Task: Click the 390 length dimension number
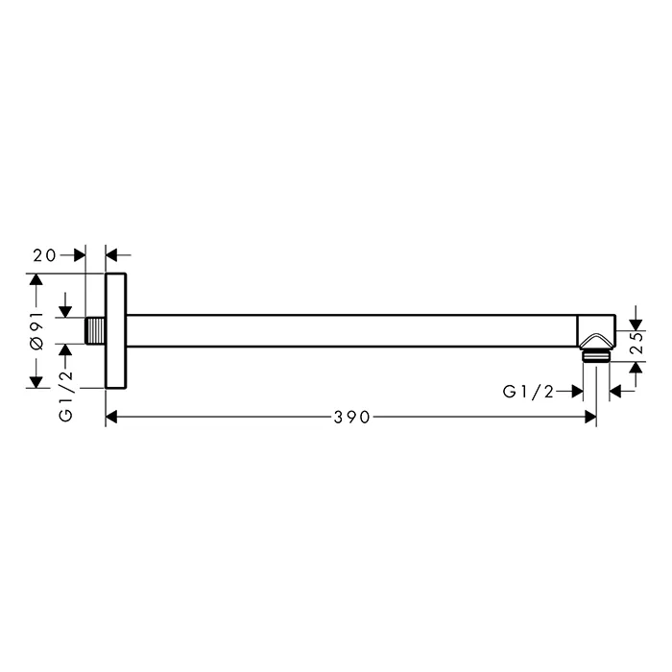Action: (351, 417)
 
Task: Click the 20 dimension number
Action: (44, 256)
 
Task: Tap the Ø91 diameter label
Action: (37, 331)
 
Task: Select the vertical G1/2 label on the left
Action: (66, 396)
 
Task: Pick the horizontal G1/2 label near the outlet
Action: (528, 392)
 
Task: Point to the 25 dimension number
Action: (637, 343)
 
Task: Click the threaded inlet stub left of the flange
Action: (96, 330)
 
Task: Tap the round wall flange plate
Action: (116, 331)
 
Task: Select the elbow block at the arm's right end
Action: (596, 331)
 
